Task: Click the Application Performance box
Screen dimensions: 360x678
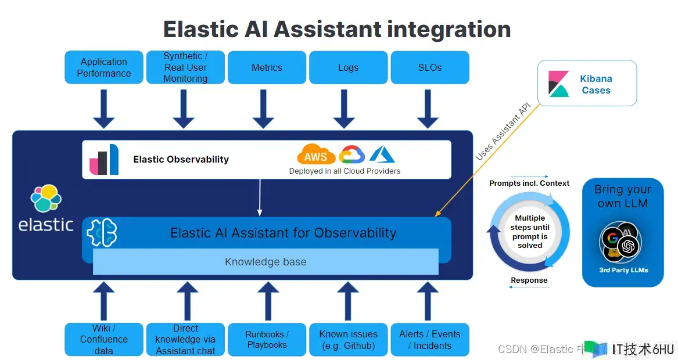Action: (x=104, y=67)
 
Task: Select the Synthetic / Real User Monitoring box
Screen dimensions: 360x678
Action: (x=185, y=67)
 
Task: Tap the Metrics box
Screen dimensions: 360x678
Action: (x=267, y=67)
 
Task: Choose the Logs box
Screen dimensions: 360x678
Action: (x=348, y=67)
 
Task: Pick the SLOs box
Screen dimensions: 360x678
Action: (x=430, y=67)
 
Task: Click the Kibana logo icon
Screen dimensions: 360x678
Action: (x=559, y=84)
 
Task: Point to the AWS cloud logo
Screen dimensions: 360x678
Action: (x=316, y=155)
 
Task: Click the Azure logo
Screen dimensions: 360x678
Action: (x=382, y=154)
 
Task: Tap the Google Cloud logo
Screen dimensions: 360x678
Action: (x=352, y=154)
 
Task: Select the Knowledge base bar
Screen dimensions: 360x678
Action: (x=266, y=262)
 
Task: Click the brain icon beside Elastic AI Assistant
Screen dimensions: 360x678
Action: (x=102, y=233)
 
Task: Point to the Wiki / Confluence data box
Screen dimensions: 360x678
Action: (x=104, y=339)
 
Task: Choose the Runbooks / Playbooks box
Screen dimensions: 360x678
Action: (x=267, y=339)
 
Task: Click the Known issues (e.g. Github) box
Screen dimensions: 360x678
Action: (x=348, y=339)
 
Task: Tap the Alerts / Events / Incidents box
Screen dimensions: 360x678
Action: (x=430, y=339)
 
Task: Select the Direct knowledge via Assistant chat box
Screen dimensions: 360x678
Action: (x=185, y=339)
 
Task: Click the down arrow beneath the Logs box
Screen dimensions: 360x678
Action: (x=344, y=109)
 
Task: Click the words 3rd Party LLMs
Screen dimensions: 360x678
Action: (x=623, y=270)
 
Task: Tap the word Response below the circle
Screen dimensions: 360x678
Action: (x=529, y=280)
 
